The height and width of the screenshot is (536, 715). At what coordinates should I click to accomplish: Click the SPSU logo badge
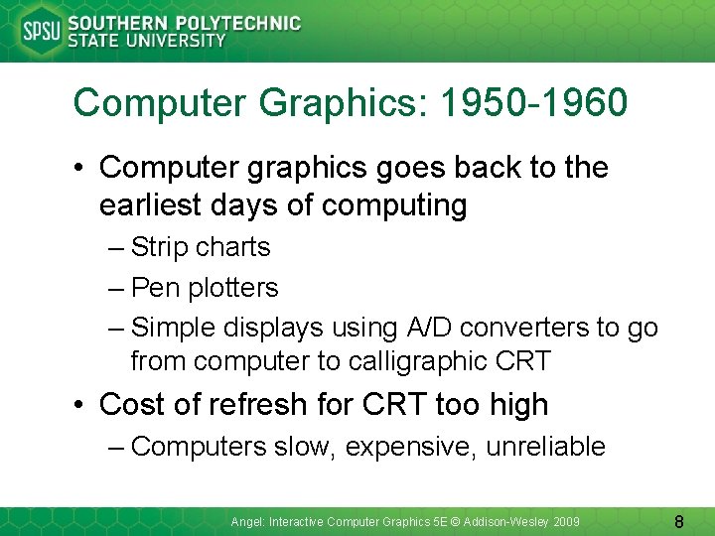(x=41, y=32)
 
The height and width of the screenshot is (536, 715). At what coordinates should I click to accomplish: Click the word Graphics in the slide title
(x=319, y=102)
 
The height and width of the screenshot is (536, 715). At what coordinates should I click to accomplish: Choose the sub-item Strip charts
(x=200, y=247)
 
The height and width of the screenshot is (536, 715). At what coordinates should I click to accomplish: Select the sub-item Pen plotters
(x=205, y=288)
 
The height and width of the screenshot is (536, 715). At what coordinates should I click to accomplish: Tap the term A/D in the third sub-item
(x=422, y=328)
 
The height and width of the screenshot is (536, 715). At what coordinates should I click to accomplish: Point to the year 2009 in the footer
(x=566, y=521)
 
